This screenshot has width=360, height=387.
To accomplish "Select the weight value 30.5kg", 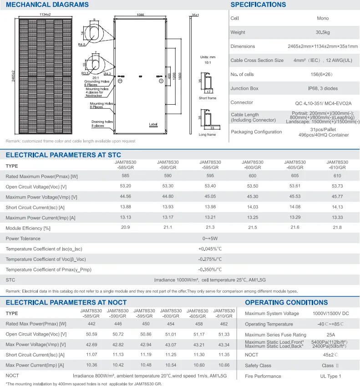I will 322,32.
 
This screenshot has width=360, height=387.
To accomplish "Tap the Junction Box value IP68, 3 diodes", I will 322,88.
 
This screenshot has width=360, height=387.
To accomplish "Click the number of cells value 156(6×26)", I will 322,74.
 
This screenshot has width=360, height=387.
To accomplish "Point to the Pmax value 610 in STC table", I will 337,176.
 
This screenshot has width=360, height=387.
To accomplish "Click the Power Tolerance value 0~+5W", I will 210,238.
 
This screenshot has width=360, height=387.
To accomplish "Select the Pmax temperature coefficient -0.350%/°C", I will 210,270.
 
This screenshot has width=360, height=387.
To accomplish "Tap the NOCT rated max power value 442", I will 91,324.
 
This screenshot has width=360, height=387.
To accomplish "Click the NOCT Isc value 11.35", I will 224,355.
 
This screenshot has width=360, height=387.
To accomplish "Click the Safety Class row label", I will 258,366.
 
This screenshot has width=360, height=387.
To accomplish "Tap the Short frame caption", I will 208,98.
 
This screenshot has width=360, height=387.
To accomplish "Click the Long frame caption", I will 208,135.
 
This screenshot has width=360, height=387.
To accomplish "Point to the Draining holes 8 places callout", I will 101,124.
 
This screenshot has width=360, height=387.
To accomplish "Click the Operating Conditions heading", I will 286,302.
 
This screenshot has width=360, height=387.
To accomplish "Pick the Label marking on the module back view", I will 152,124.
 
